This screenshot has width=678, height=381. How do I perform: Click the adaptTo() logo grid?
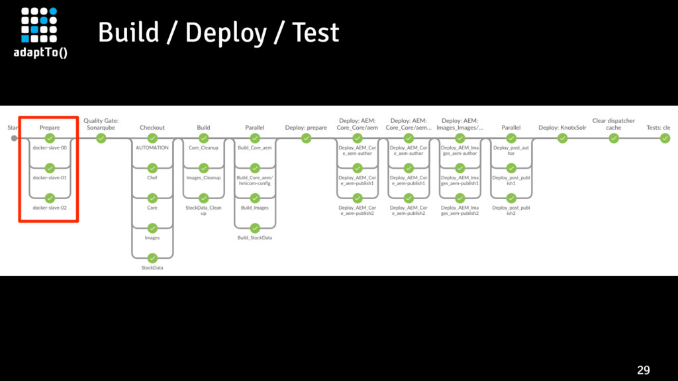(x=39, y=24)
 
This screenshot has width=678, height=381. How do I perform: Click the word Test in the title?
(x=316, y=33)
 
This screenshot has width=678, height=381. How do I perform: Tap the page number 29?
(x=644, y=370)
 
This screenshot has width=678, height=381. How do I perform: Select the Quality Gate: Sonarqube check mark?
(x=101, y=138)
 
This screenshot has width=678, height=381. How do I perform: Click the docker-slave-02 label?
(x=50, y=208)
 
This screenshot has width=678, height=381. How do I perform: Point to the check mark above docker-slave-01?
(x=50, y=168)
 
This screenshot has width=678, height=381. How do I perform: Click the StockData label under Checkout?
(x=152, y=268)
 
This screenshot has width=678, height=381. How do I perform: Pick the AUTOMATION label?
(x=152, y=148)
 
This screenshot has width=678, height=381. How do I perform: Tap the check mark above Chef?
(x=152, y=168)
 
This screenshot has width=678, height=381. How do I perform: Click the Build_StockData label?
(x=255, y=237)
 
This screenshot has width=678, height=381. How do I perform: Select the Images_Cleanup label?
(x=203, y=177)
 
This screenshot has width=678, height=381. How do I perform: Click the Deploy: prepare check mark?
(x=306, y=138)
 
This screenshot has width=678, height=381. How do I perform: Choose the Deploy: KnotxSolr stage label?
(x=562, y=128)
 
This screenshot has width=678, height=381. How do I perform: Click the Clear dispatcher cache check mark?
(x=614, y=138)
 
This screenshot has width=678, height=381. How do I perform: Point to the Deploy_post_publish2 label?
(x=511, y=210)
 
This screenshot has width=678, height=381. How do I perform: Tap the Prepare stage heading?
(x=50, y=128)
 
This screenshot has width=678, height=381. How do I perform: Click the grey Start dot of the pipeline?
(x=15, y=138)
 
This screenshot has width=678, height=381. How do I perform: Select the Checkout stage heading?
(x=152, y=128)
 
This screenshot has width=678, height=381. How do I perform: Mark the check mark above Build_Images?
(x=255, y=198)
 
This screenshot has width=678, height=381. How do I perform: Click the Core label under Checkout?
(x=152, y=208)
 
